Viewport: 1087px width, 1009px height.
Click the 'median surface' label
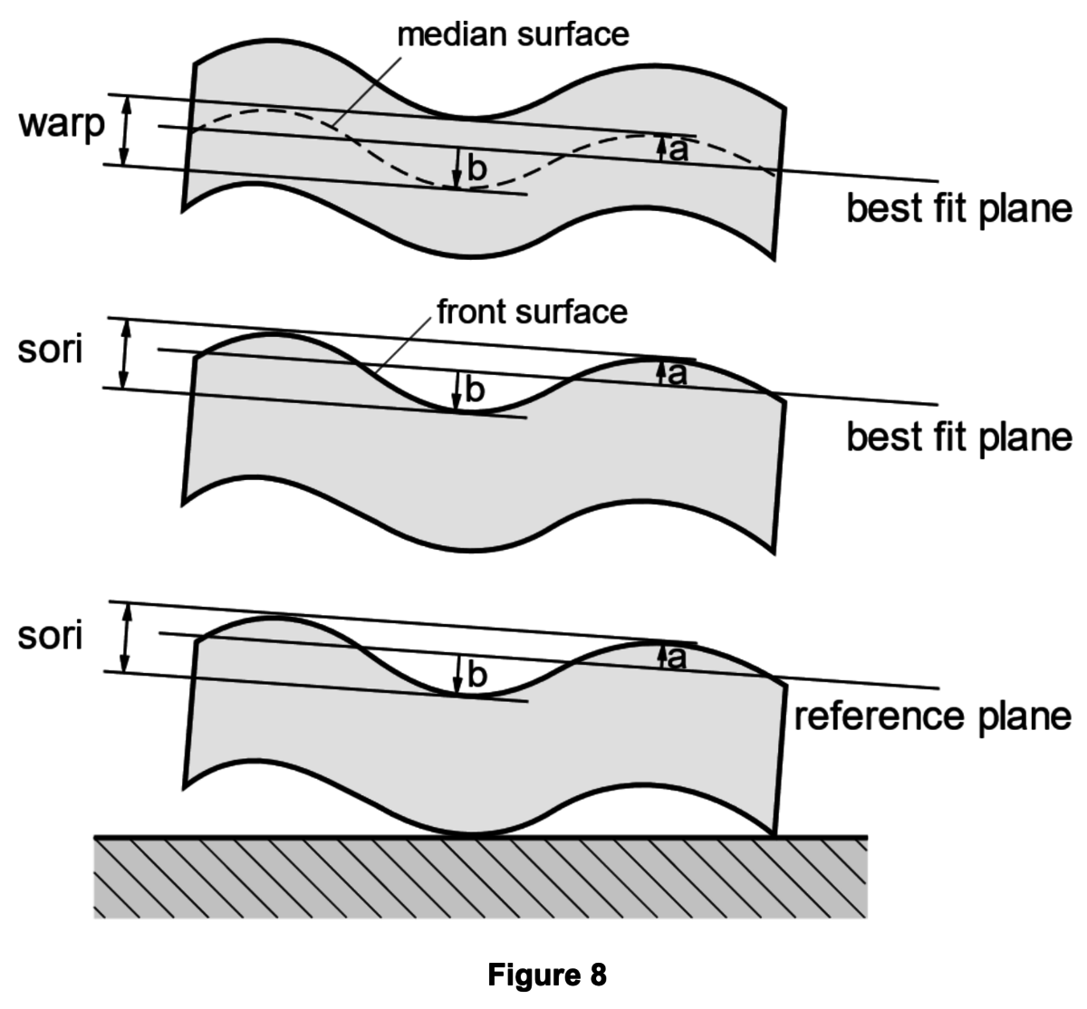coord(513,34)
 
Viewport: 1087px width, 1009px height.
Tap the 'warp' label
coord(62,127)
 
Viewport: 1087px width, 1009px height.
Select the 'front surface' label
coord(532,312)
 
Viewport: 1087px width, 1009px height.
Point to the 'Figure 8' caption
coord(547,975)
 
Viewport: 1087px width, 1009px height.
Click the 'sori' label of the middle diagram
coord(50,349)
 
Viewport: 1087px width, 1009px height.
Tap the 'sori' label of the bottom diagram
coord(50,636)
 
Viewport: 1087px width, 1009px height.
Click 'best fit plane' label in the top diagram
coord(959,208)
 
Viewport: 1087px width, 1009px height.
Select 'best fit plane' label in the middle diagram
coord(959,437)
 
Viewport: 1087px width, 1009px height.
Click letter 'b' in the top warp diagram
coord(477,168)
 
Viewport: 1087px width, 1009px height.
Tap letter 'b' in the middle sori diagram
coord(476,391)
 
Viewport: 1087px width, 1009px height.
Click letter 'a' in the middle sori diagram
coord(678,373)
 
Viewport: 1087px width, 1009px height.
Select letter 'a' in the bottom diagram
coord(678,658)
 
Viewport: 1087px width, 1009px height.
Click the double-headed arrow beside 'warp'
coord(126,130)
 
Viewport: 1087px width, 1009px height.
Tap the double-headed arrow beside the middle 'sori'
coord(126,353)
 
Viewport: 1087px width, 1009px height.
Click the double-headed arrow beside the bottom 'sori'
coord(126,637)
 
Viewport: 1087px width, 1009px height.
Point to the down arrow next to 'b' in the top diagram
coord(458,168)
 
